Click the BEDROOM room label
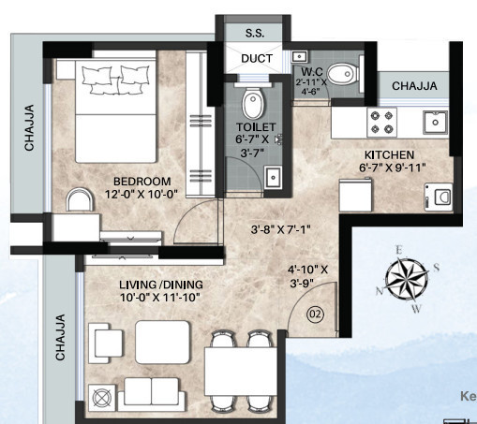142,181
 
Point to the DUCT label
256,58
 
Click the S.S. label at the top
255,32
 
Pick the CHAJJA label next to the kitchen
415,86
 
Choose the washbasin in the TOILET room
274,177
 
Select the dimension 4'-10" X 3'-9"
308,277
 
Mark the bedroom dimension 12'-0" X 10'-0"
142,195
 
